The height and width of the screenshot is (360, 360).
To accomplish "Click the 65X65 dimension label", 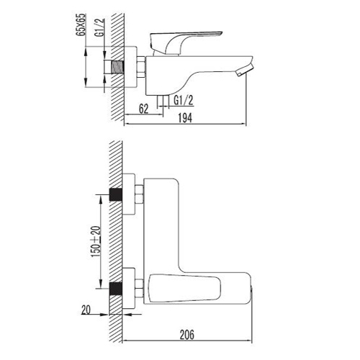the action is click(81, 24).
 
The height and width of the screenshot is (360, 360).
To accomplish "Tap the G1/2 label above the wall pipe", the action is click(100, 27).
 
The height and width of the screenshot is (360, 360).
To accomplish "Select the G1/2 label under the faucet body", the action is click(184, 100).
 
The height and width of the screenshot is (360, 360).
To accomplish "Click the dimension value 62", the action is click(143, 109).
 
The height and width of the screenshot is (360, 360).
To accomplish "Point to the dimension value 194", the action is click(185, 118).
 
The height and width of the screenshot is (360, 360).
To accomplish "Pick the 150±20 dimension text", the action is click(96, 242).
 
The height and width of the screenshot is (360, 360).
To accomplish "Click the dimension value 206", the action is click(187, 335).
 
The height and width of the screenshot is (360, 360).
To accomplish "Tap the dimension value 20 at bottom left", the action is click(86, 310).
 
